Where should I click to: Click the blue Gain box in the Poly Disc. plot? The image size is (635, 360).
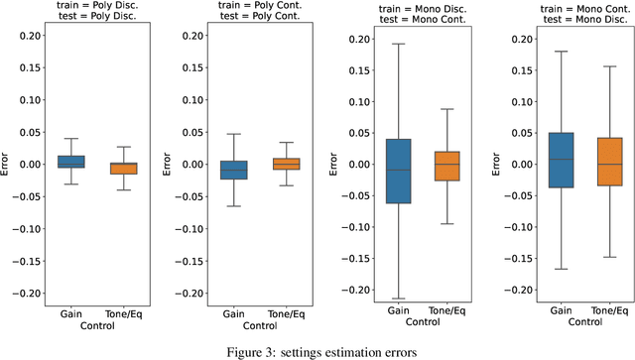[70, 162]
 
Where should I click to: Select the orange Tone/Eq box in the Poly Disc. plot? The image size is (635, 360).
[124, 169]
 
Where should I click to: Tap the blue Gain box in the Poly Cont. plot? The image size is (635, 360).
[235, 170]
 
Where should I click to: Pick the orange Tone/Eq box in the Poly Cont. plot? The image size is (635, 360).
[286, 164]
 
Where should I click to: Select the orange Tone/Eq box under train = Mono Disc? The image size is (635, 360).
[448, 166]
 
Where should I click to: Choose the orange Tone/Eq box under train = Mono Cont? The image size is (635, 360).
[608, 161]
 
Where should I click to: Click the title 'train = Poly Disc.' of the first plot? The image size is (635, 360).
[98, 5]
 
